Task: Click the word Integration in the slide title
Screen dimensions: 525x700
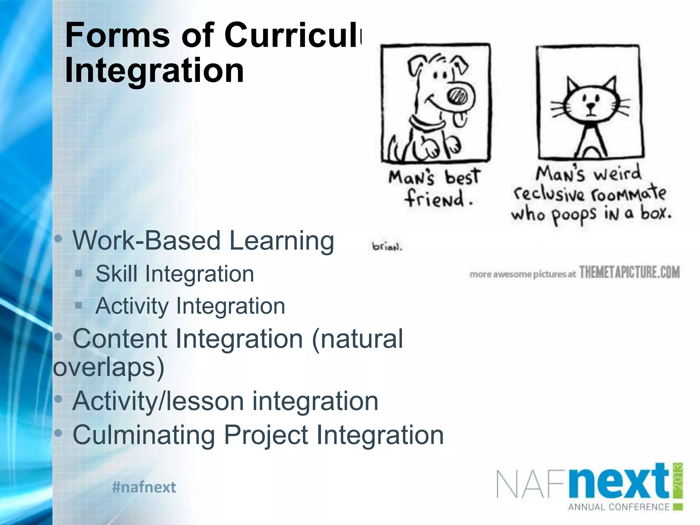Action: click(154, 70)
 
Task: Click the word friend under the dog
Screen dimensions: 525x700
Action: click(435, 199)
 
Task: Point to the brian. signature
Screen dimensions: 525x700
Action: click(387, 246)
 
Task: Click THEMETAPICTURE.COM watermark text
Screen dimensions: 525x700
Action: click(629, 273)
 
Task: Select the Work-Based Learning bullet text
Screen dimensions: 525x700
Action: click(203, 241)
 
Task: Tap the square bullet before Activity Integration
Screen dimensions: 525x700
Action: click(79, 305)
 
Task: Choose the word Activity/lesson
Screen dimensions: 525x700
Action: click(158, 401)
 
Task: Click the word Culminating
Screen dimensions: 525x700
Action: click(144, 435)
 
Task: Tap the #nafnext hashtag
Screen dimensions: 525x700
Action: click(144, 487)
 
